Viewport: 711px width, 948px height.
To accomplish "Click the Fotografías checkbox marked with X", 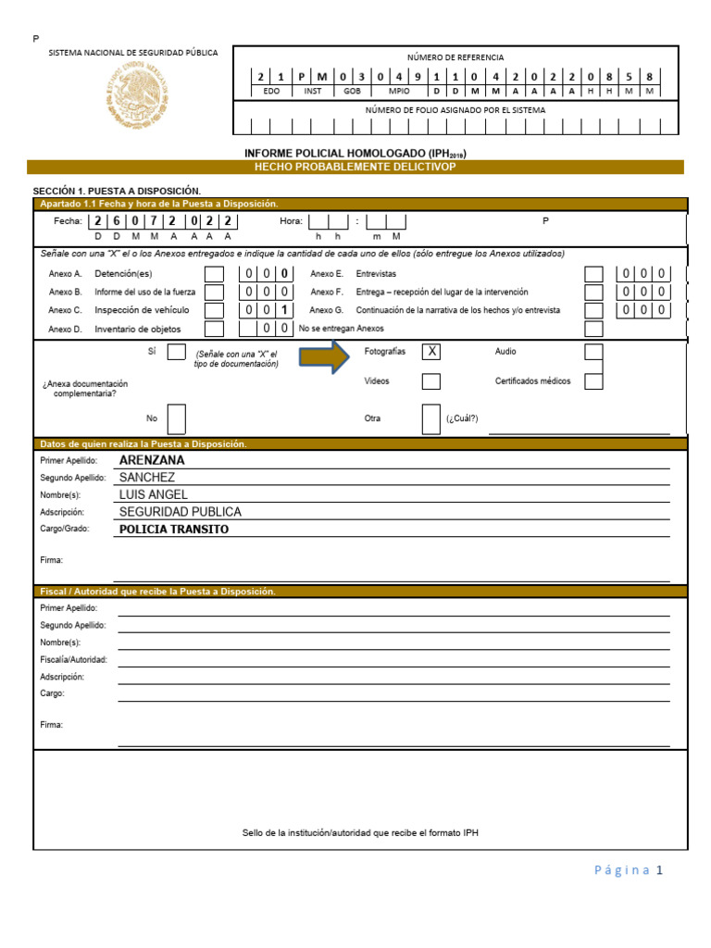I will click(x=431, y=352).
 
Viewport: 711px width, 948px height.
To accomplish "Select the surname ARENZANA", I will click(x=152, y=460).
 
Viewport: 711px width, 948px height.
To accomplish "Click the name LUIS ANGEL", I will click(x=154, y=494).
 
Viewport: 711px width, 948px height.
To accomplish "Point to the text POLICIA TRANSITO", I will click(x=174, y=530).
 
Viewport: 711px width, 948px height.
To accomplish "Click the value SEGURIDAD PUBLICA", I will click(x=181, y=512).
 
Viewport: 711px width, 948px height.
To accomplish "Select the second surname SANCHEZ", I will click(x=147, y=478).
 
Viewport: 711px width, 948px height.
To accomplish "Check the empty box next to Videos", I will click(x=431, y=381).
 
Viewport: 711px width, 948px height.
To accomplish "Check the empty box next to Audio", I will click(x=593, y=352).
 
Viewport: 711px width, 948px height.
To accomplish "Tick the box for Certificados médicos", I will click(x=593, y=380).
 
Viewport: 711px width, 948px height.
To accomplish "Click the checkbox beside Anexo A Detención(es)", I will click(x=214, y=274).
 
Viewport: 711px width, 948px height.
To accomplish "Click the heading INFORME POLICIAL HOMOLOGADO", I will click(x=355, y=153).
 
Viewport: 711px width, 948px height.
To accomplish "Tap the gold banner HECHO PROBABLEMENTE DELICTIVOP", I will click(x=355, y=167).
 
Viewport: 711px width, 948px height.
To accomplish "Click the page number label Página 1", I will click(x=629, y=870).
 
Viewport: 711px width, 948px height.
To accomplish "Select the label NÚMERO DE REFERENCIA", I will click(x=455, y=57).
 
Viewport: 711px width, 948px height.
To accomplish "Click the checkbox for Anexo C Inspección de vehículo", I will click(x=214, y=310).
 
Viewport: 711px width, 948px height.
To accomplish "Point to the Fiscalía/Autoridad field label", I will click(x=74, y=659).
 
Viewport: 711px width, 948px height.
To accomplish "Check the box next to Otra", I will click(x=431, y=418).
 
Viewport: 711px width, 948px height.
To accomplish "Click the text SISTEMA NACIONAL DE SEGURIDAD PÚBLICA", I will click(x=133, y=53).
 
